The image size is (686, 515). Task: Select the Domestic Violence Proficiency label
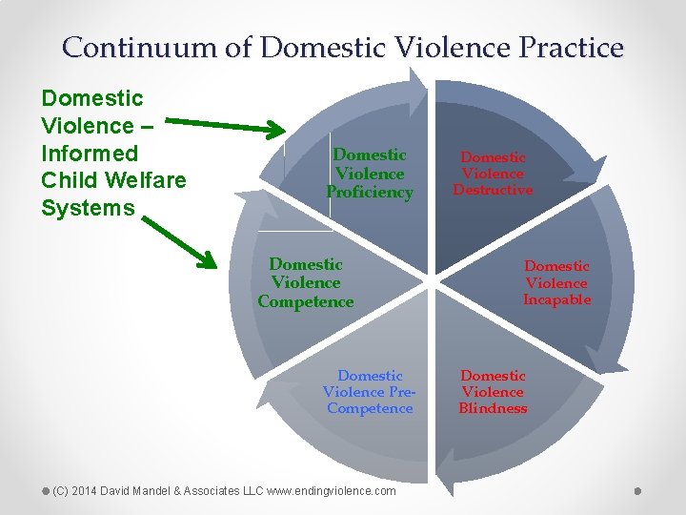[x=370, y=174]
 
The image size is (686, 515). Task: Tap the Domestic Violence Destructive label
[x=493, y=174]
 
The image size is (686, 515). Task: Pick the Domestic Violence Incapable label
[x=556, y=283]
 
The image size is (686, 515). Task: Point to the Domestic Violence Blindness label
[x=493, y=392]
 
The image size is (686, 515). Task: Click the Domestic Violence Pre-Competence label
[x=370, y=392]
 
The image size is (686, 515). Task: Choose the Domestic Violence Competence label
[x=306, y=283]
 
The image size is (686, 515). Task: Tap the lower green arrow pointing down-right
[x=191, y=238]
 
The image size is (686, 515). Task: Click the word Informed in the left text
[x=90, y=154]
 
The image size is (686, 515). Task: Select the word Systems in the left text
[x=88, y=208]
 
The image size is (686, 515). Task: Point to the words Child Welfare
[x=113, y=180]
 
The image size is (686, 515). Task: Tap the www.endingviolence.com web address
[x=333, y=490]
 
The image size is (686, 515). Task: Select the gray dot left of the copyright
[x=46, y=490]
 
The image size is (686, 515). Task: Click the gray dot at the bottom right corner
[x=637, y=490]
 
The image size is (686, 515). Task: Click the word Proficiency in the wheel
[x=370, y=193]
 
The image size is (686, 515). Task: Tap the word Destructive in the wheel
[x=493, y=190]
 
